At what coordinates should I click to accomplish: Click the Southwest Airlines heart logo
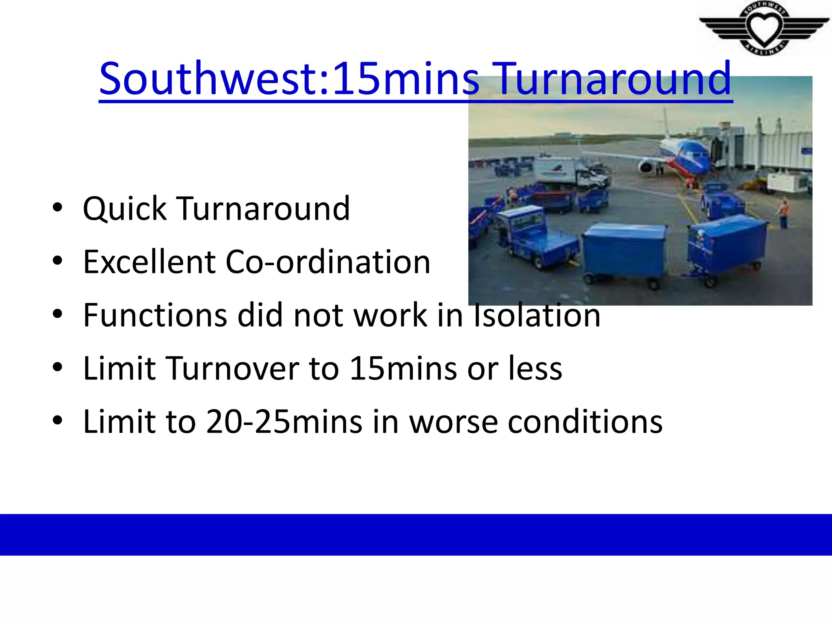click(764, 28)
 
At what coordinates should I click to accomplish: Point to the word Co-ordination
click(327, 262)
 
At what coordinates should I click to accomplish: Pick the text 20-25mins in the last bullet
click(284, 422)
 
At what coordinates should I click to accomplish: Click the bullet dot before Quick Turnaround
click(58, 208)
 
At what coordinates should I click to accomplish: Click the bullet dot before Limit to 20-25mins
click(58, 420)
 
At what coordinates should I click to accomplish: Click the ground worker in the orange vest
click(784, 214)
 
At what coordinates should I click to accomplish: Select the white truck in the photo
click(569, 173)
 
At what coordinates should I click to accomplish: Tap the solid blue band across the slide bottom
click(416, 534)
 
